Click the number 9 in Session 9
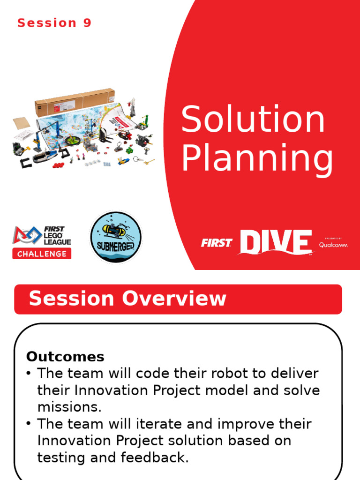(x=87, y=23)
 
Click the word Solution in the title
(x=253, y=120)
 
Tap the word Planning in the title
(x=257, y=159)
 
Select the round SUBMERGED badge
(x=115, y=237)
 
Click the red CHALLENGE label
(x=42, y=254)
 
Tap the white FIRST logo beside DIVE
(x=217, y=243)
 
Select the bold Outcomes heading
(x=65, y=357)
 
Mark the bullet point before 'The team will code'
(x=29, y=374)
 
